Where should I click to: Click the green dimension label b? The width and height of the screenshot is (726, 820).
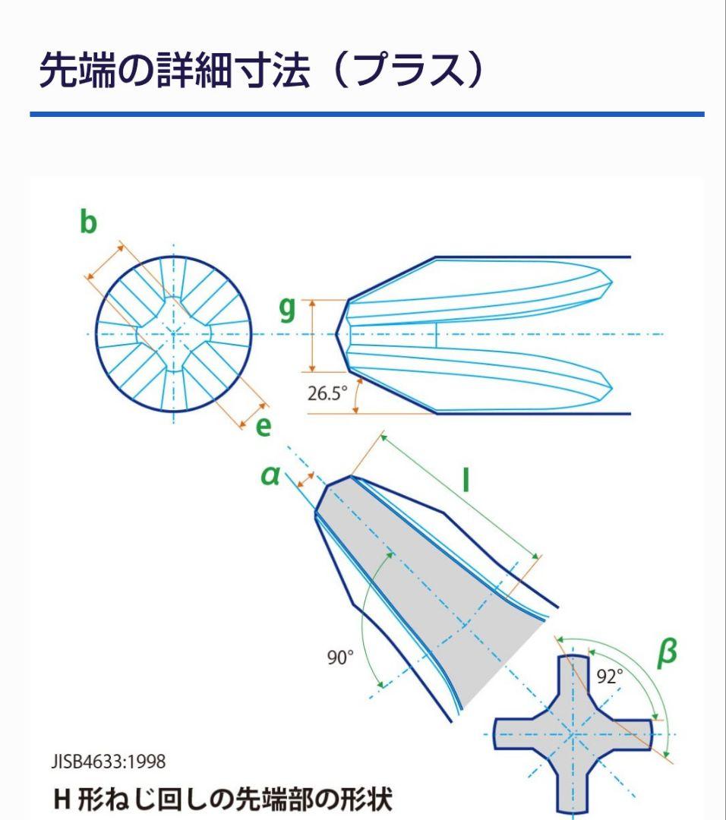pyautogui.click(x=88, y=221)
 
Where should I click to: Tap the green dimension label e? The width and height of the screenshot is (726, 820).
pyautogui.click(x=264, y=427)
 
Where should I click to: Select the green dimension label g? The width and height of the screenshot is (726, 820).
pyautogui.click(x=287, y=310)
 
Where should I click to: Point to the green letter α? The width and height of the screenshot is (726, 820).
pyautogui.click(x=270, y=475)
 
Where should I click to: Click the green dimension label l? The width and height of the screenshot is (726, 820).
pyautogui.click(x=466, y=480)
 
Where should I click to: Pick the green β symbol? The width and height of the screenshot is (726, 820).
pyautogui.click(x=667, y=653)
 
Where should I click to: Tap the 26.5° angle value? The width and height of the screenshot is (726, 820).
pyautogui.click(x=327, y=393)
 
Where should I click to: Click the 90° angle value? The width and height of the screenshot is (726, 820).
pyautogui.click(x=340, y=658)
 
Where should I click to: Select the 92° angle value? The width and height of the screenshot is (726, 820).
pyautogui.click(x=610, y=676)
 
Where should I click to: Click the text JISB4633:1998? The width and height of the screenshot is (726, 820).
pyautogui.click(x=109, y=762)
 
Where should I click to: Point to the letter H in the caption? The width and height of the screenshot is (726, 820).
pyautogui.click(x=62, y=799)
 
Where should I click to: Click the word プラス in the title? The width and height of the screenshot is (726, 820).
pyautogui.click(x=409, y=70)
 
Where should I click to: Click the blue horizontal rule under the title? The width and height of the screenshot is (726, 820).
pyautogui.click(x=368, y=114)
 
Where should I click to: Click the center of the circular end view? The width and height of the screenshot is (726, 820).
pyautogui.click(x=174, y=333)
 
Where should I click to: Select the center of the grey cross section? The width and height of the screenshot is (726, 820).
pyautogui.click(x=573, y=735)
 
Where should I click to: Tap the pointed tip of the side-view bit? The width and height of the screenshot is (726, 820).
pyautogui.click(x=336, y=333)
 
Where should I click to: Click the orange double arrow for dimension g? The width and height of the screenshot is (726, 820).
pyautogui.click(x=313, y=336)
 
